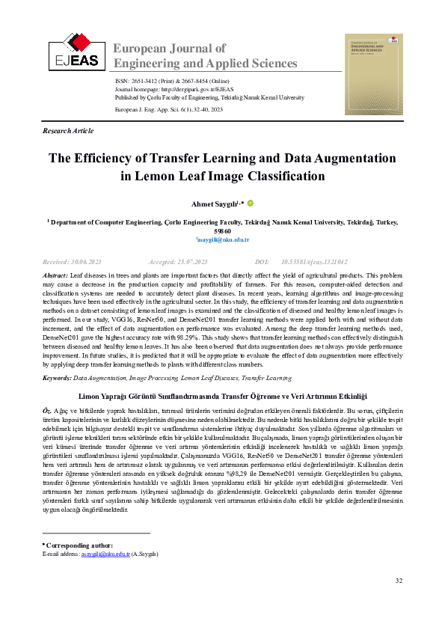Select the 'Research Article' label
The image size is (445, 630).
coord(69,131)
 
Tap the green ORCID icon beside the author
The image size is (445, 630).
coord(250,202)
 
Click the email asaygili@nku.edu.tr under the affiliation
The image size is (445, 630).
coord(223,240)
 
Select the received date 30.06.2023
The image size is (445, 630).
coord(87,263)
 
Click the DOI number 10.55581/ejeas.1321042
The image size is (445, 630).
coord(314,263)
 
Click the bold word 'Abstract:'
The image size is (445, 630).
coord(55,276)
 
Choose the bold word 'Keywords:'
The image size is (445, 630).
coord(57,379)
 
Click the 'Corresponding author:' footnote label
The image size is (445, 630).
coord(79,525)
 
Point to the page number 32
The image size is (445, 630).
coord(399,581)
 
